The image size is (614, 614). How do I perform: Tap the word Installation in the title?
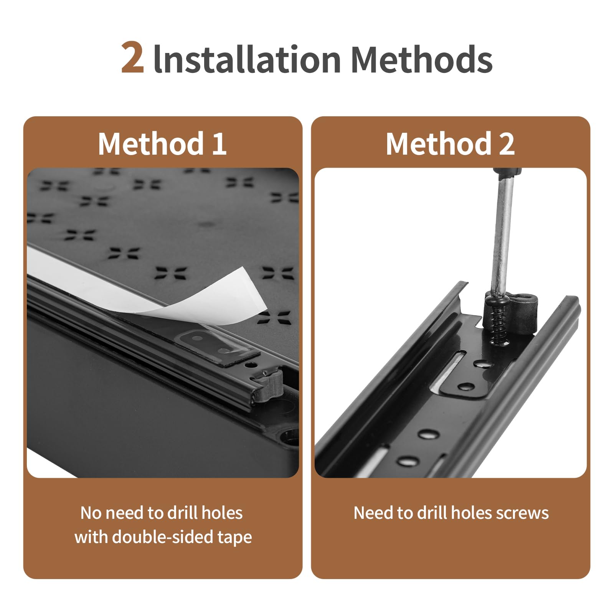(247, 59)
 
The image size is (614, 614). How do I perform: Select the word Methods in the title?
(422, 59)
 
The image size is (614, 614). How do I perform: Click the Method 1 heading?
(162, 144)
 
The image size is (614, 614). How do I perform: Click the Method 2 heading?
(450, 144)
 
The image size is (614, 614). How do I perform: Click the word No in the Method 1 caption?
(91, 513)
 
